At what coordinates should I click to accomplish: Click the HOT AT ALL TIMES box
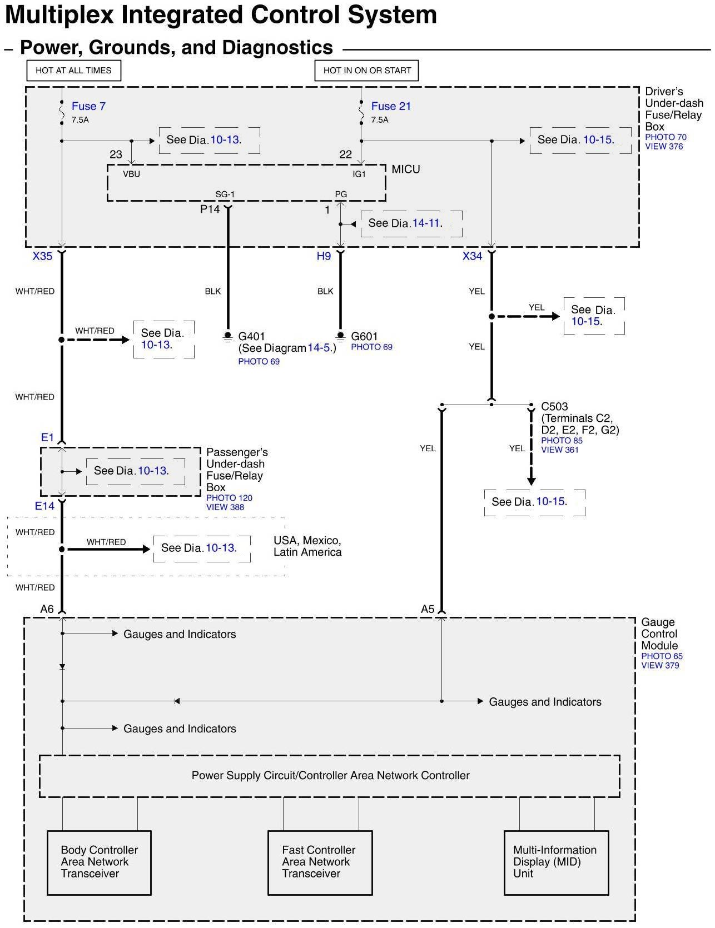73,71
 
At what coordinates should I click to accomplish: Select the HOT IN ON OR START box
367,71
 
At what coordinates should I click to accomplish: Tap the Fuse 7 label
88,106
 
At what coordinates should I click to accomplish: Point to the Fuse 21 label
391,106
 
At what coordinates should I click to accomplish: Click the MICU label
406,169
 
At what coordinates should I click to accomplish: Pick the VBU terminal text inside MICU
131,174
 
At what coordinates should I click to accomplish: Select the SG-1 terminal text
225,194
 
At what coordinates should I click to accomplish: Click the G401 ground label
251,336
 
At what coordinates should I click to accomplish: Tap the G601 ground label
364,336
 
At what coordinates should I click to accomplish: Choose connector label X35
42,256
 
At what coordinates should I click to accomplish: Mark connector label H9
324,256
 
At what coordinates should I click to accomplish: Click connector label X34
472,256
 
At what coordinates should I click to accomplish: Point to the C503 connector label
554,406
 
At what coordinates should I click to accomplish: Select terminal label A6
47,609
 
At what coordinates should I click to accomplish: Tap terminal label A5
427,609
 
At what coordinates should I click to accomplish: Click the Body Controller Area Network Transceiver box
99,862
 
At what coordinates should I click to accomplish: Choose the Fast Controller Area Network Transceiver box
320,862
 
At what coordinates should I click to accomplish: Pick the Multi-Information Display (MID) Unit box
556,862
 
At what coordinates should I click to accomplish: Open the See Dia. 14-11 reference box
411,223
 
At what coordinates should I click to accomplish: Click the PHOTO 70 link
666,137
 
